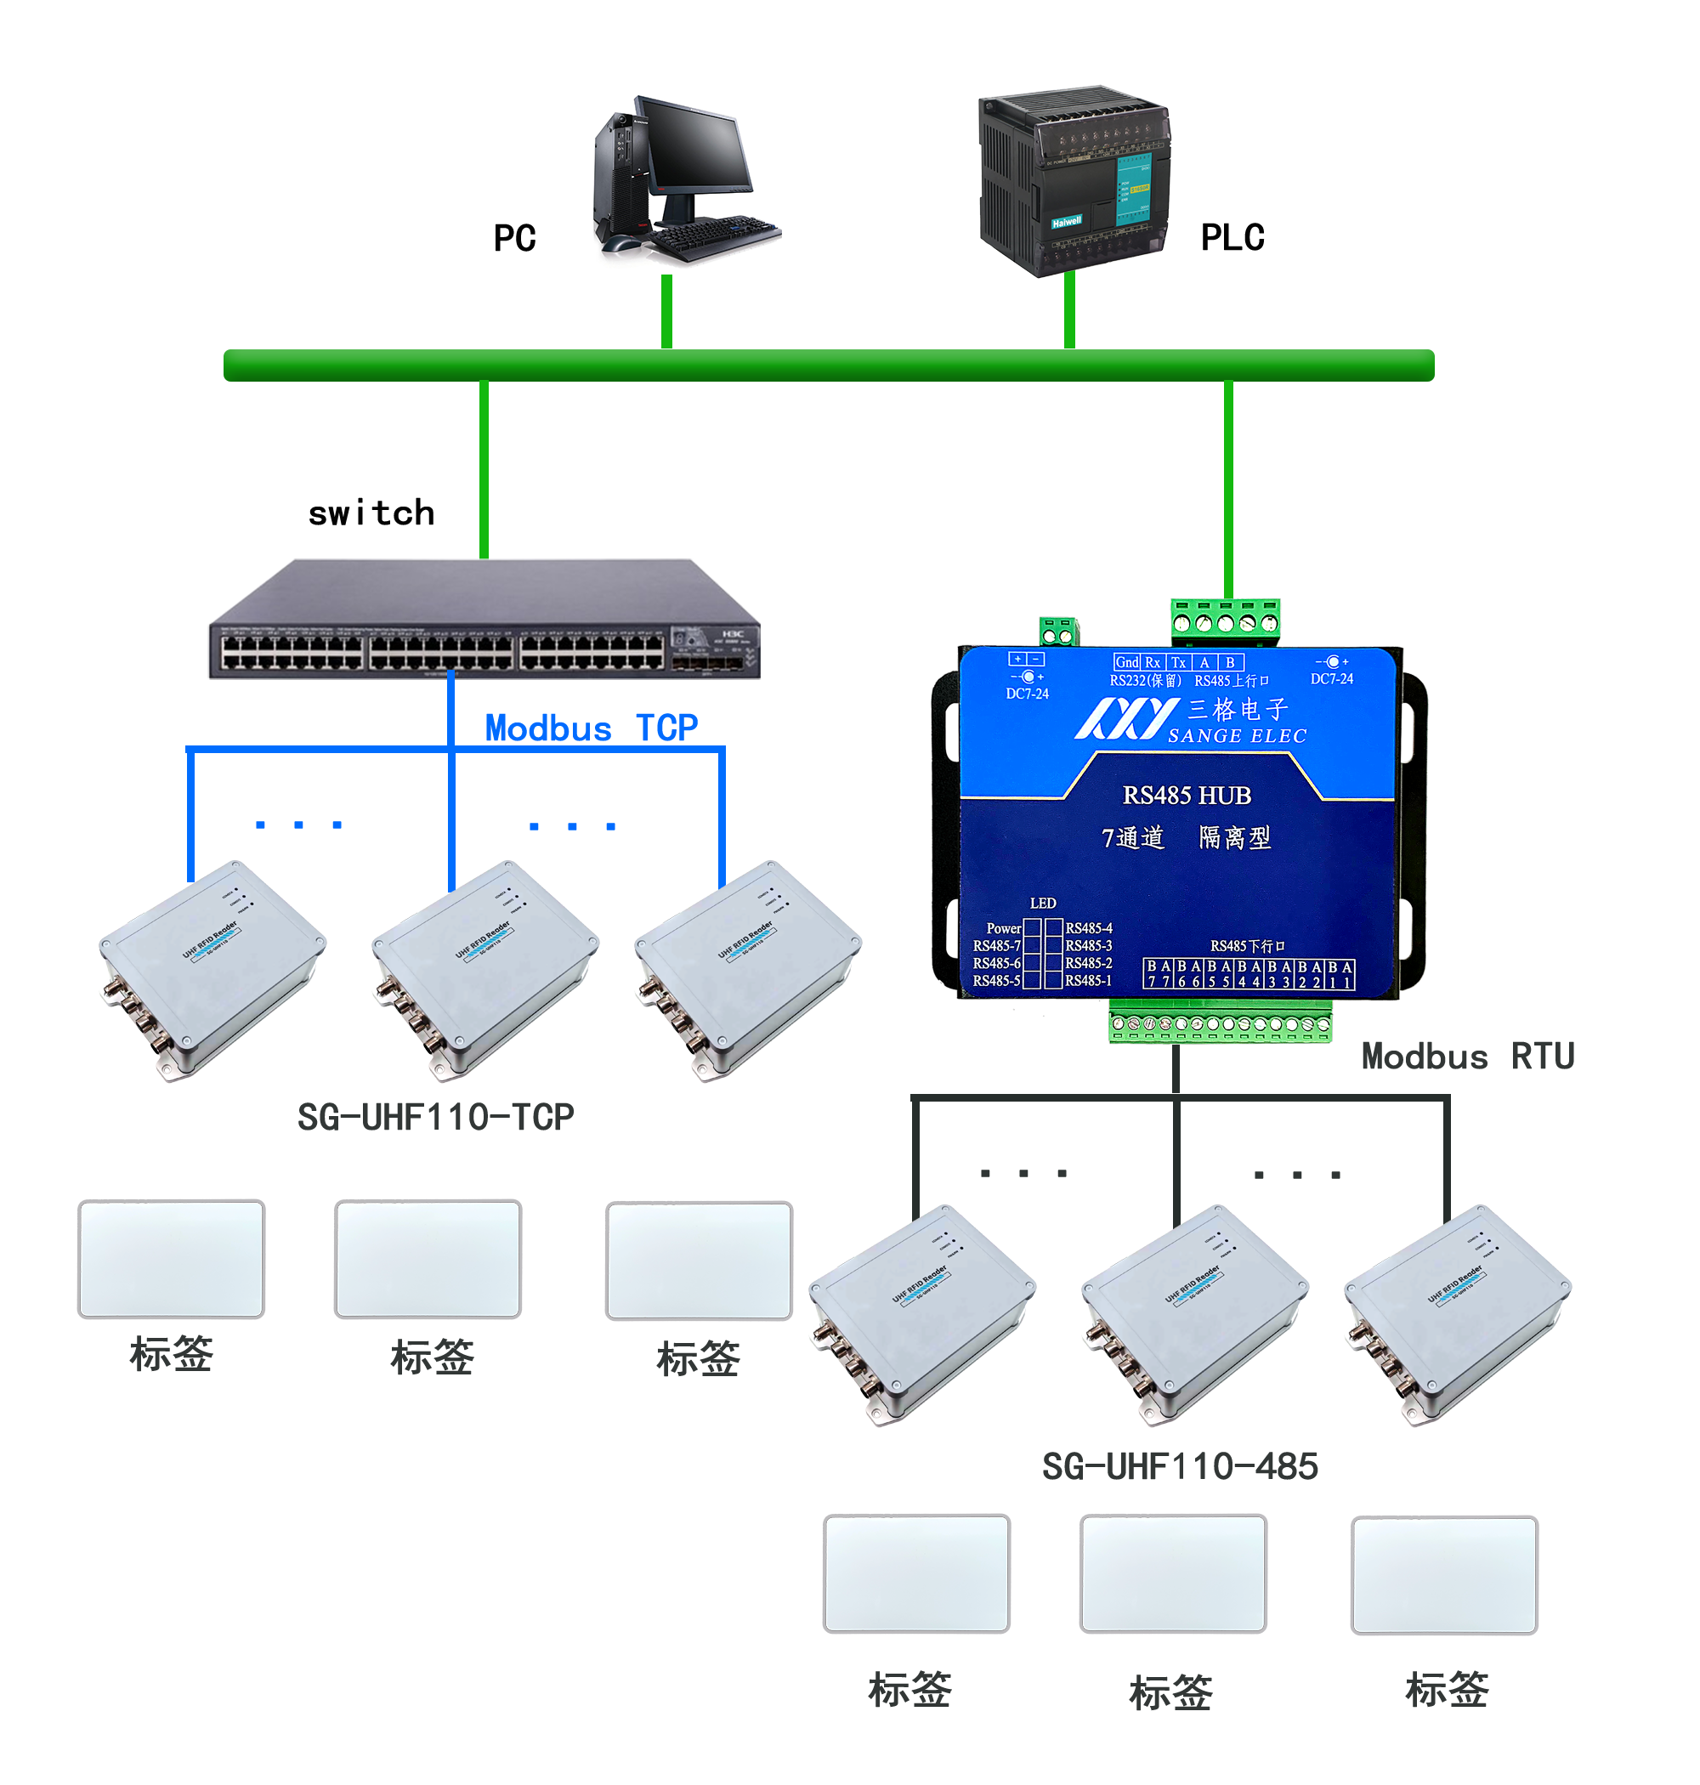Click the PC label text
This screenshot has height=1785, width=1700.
click(x=515, y=238)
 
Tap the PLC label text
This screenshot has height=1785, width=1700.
click(x=1232, y=237)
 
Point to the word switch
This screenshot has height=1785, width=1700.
click(x=371, y=513)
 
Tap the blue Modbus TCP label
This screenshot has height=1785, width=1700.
click(x=591, y=728)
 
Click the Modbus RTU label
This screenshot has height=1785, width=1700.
click(x=1467, y=1056)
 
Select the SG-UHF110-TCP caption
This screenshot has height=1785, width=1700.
click(x=435, y=1116)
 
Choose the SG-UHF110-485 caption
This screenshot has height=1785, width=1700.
click(x=1179, y=1466)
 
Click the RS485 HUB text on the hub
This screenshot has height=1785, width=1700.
click(x=1187, y=795)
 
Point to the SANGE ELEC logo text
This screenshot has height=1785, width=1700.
click(x=1237, y=736)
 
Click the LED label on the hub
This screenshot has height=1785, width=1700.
click(x=1042, y=903)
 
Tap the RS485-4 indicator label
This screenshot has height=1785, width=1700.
click(x=1088, y=928)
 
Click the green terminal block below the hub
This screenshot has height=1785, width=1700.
click(x=1220, y=1027)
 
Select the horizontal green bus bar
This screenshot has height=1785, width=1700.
click(x=828, y=365)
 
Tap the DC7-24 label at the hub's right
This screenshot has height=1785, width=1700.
click(x=1331, y=678)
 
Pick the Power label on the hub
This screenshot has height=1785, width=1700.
click(x=1003, y=928)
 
